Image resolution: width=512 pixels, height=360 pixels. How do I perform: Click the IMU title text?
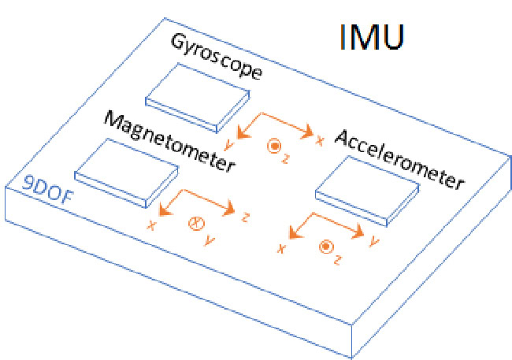373,37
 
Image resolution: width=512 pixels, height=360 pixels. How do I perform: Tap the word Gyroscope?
216,57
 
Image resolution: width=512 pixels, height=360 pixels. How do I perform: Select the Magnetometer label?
169,141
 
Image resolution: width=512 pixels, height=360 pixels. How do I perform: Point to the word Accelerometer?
399,160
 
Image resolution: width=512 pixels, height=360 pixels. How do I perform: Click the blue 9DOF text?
48,191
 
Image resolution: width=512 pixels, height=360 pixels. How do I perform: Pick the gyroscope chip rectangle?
198,98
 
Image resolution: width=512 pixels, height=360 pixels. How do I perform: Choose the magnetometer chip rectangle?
127,173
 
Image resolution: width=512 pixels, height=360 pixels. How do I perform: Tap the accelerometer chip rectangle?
367,191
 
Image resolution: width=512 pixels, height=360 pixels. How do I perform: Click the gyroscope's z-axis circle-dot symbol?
274,147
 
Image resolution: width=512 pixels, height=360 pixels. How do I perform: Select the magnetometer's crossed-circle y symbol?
197,224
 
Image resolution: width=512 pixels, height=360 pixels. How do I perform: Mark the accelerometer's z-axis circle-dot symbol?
326,247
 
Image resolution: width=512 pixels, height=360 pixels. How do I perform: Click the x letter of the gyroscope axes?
320,140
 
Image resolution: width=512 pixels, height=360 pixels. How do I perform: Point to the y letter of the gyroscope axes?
229,144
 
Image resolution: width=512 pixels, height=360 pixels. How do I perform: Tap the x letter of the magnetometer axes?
151,225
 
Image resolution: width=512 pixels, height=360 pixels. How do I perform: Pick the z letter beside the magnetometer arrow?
245,217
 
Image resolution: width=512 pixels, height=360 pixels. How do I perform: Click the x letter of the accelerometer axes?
281,249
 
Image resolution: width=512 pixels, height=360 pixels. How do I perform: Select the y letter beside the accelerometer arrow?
373,242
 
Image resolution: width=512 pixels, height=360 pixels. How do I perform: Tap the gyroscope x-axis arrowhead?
307,132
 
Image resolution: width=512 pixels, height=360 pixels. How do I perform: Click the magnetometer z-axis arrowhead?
228,208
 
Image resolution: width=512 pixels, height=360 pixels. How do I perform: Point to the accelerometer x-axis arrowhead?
295,233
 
